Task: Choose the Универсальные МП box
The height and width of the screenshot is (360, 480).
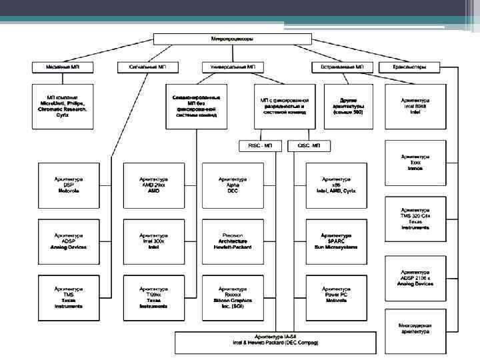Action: point(233,67)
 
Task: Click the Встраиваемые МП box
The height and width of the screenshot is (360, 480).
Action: point(340,67)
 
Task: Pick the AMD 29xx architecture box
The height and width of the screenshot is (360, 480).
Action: point(153,185)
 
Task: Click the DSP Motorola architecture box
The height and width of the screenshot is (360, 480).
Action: point(69,185)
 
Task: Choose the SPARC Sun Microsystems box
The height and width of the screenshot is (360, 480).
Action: point(337,241)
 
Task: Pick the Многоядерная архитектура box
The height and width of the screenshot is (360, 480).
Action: point(415,329)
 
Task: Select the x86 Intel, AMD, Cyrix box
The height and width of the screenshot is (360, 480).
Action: point(337,185)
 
